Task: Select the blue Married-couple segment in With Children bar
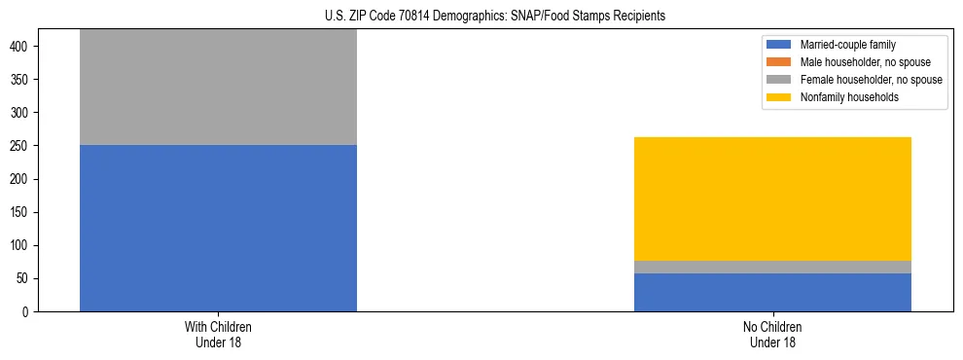click(x=218, y=228)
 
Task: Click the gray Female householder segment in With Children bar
click(x=218, y=88)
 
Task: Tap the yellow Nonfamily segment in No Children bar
click(x=772, y=198)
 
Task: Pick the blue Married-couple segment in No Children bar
click(x=772, y=292)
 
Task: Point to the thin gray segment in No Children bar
click(x=772, y=267)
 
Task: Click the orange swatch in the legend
click(x=779, y=62)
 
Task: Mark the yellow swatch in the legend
click(x=779, y=97)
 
